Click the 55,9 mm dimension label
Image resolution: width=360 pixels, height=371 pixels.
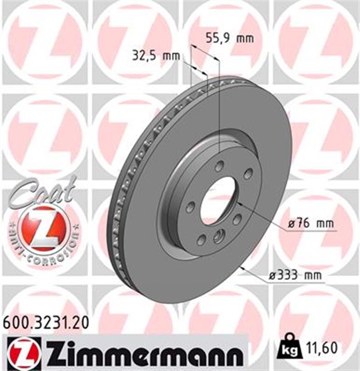tap(230, 39)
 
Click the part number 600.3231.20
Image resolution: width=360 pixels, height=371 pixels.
tap(46, 322)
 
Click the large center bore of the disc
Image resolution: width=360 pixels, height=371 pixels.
tap(217, 200)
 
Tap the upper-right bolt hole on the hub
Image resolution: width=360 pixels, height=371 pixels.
tap(248, 174)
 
